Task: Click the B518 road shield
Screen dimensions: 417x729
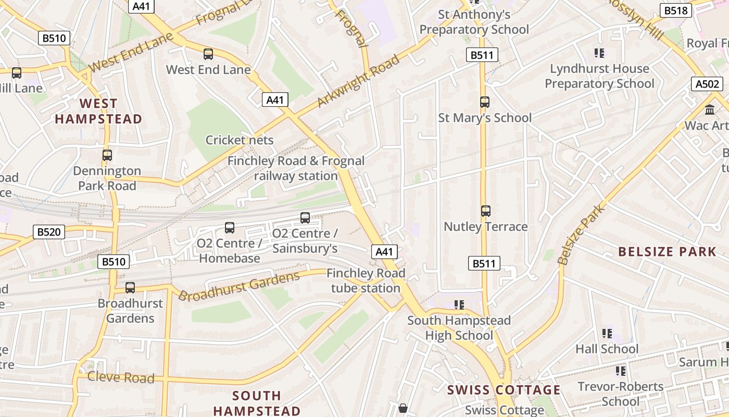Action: [676, 10]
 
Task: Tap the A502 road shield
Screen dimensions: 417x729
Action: [708, 84]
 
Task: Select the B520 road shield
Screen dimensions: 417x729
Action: [49, 232]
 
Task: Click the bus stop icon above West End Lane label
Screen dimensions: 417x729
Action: [208, 54]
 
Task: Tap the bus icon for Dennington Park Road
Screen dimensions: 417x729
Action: [107, 155]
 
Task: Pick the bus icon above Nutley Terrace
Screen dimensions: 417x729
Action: [485, 211]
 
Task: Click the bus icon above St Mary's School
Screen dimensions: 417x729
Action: [485, 102]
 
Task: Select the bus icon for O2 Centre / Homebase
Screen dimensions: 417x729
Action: [229, 227]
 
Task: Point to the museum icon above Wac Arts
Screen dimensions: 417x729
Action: [709, 110]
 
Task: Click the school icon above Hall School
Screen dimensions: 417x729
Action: [607, 333]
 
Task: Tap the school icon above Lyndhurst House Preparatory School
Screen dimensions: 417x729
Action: [599, 53]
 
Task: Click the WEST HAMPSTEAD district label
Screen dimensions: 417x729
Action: [98, 111]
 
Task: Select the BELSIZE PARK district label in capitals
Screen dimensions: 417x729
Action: [667, 252]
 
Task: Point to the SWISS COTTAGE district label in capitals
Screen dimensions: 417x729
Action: [504, 390]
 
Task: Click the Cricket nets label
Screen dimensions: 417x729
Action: [239, 140]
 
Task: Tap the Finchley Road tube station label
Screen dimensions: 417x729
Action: [366, 280]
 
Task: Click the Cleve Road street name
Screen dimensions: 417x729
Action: [121, 377]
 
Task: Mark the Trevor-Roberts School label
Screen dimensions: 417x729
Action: [621, 394]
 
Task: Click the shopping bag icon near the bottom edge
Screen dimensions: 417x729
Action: [403, 408]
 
